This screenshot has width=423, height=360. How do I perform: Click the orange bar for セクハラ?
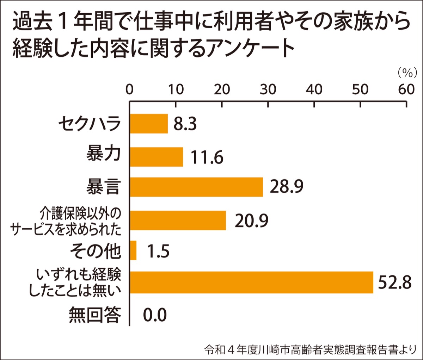click(149, 124)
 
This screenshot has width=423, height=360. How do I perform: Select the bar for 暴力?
click(157, 157)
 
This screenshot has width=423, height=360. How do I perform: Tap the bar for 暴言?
click(196, 187)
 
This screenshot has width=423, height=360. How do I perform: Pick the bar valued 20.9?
click(178, 220)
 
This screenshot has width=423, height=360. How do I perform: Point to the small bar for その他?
click(133, 250)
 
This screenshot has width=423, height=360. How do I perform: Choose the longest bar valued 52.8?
click(251, 283)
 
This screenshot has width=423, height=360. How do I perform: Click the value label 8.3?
click(185, 124)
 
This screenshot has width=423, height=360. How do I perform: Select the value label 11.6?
click(207, 157)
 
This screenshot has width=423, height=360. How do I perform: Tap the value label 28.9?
click(286, 187)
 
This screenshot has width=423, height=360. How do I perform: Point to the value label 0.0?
click(155, 315)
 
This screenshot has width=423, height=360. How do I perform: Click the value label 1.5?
click(158, 251)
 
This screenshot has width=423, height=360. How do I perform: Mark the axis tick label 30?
click(268, 89)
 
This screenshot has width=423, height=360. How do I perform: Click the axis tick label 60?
click(406, 89)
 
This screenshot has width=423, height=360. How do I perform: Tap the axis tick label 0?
click(129, 89)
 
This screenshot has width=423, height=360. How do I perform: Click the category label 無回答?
click(95, 315)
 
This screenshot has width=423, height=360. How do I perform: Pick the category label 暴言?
click(103, 187)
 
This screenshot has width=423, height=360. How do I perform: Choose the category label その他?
click(95, 251)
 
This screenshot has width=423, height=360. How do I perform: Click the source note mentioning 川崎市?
click(311, 350)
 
